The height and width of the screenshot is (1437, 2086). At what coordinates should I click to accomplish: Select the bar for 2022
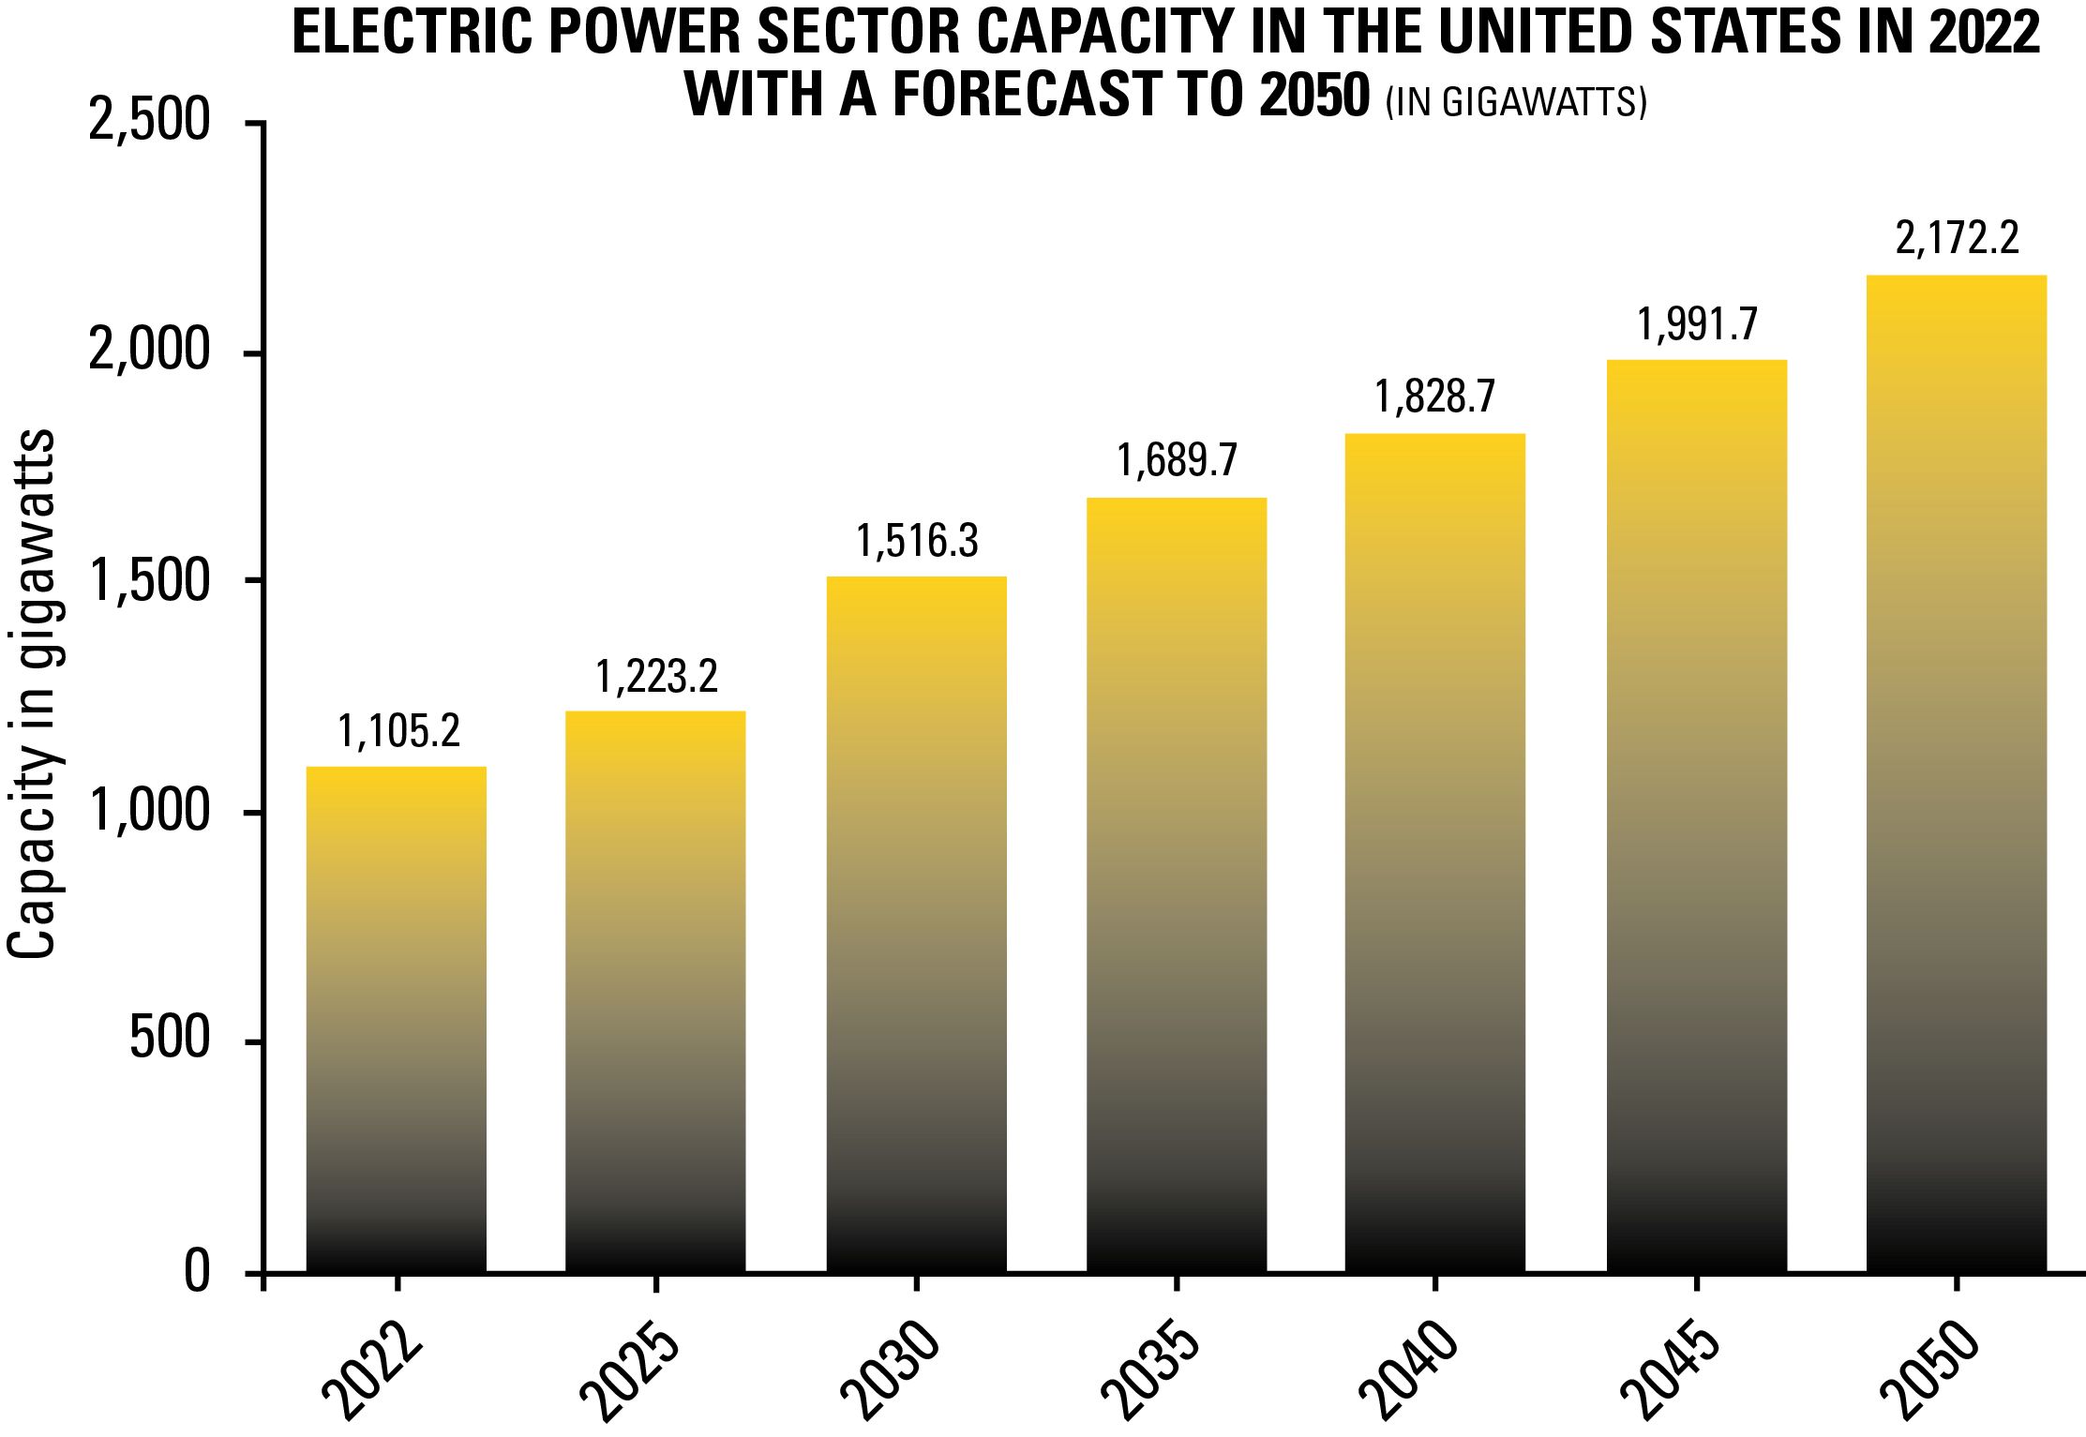click(397, 1019)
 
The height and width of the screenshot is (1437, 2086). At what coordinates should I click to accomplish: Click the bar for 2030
click(916, 923)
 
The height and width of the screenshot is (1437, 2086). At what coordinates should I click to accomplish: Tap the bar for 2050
click(1957, 773)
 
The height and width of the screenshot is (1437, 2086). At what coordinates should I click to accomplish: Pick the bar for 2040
click(1434, 852)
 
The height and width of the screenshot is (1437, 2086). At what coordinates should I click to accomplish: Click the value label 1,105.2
click(399, 732)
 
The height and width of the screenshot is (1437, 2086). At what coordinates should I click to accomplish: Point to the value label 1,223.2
click(657, 677)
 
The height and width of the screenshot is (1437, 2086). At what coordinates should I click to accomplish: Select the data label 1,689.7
click(1177, 461)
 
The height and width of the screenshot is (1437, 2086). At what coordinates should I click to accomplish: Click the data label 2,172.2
click(1957, 240)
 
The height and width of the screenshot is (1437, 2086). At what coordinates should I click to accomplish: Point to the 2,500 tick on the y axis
click(149, 123)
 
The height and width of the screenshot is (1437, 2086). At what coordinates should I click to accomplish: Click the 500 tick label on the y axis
click(170, 1041)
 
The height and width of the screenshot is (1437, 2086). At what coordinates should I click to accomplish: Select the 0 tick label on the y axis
click(196, 1273)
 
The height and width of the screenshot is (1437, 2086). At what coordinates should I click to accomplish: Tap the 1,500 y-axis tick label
click(149, 582)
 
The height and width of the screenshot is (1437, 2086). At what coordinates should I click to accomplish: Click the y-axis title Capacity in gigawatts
click(33, 694)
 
